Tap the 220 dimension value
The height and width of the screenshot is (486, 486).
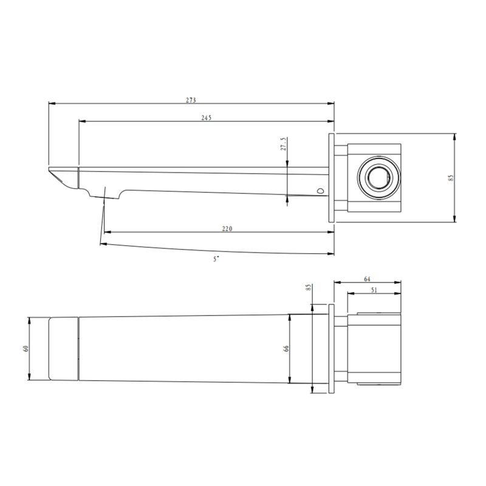click(227, 228)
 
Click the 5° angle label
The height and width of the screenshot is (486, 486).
click(216, 259)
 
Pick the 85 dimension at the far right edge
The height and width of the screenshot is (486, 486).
click(450, 177)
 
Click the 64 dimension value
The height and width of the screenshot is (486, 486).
click(367, 279)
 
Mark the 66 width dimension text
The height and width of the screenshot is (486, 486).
click(286, 349)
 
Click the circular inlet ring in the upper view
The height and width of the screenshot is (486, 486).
click(378, 178)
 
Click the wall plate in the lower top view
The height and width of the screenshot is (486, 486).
click(332, 349)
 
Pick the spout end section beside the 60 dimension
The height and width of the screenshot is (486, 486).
click(63, 349)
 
